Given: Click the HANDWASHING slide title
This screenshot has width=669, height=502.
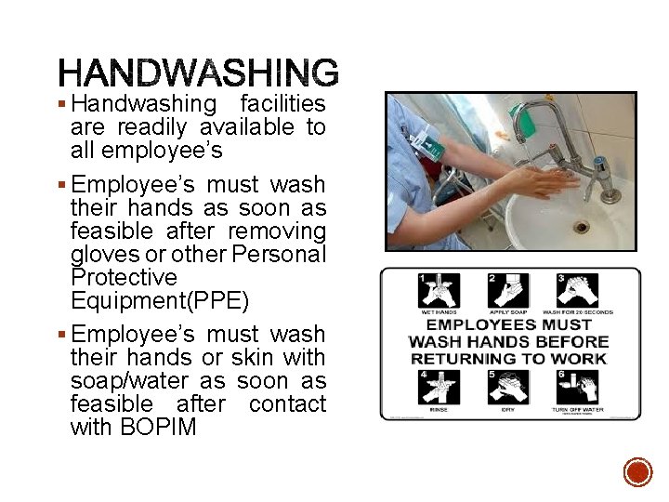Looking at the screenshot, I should click(x=198, y=73).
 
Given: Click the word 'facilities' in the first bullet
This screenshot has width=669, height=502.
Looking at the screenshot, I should click(x=282, y=103).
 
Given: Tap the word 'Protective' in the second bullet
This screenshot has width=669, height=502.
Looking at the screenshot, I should click(x=124, y=277).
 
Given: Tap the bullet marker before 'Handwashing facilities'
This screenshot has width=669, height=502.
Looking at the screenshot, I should click(x=61, y=103).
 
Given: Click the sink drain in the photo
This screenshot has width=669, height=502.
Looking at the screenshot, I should click(x=582, y=226).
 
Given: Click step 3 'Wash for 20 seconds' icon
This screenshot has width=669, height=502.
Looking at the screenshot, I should click(x=578, y=291).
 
